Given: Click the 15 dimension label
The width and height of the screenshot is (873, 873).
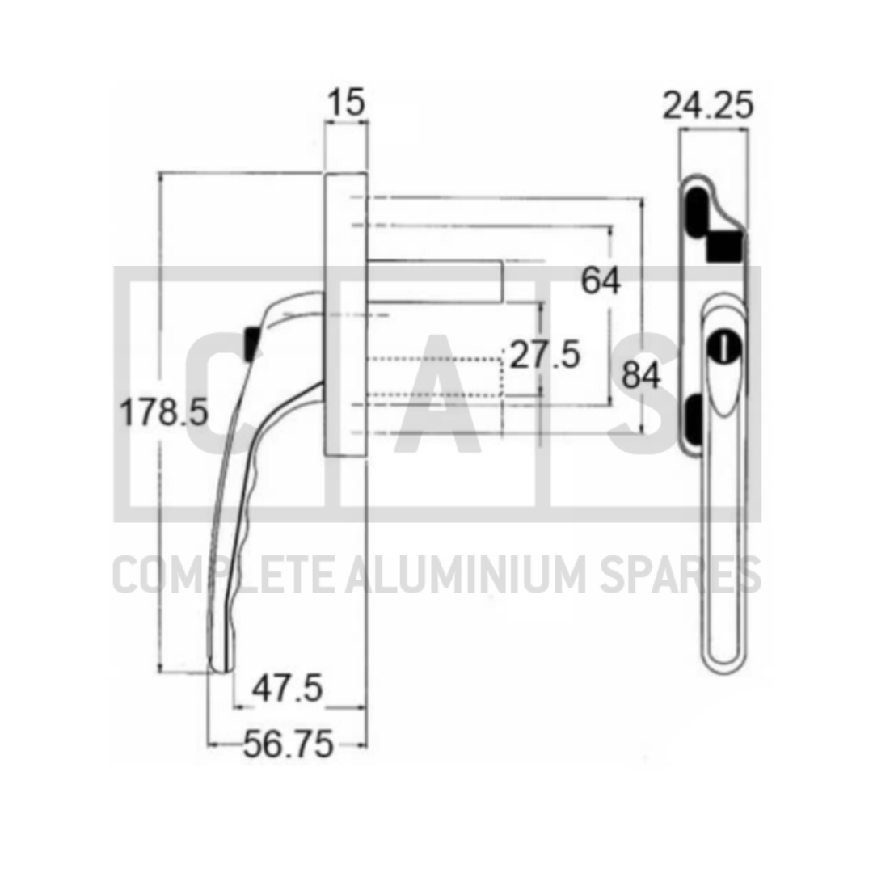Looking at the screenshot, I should point(346,103).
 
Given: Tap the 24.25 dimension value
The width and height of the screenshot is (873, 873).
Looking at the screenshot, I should point(708,105).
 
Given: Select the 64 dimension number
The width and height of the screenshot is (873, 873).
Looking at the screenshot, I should point(601,281).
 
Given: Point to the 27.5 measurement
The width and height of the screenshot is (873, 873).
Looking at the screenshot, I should point(545,355).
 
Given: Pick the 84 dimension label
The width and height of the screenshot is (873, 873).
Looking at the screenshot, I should point(641,376).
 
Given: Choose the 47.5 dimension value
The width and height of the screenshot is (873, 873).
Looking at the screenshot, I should point(287,689).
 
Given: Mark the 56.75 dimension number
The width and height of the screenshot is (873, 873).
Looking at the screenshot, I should point(288,745).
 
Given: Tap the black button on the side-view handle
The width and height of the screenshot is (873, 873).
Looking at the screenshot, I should point(250,343).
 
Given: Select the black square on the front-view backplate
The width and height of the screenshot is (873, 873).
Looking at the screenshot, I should point(724,245).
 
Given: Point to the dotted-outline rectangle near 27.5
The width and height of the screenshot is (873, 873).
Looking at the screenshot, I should point(436,377).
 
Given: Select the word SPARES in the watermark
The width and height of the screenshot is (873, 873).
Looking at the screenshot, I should point(691,575).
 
